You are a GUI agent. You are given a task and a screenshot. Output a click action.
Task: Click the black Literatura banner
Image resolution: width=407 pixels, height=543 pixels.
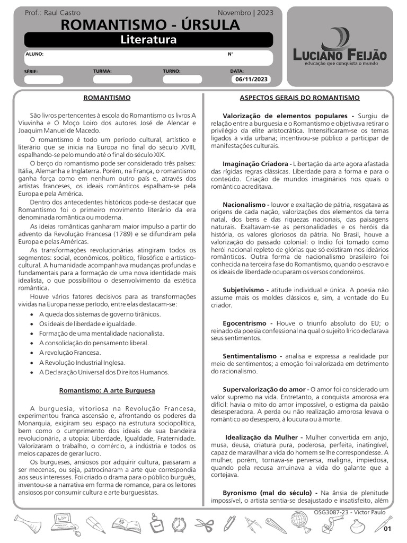[148, 40]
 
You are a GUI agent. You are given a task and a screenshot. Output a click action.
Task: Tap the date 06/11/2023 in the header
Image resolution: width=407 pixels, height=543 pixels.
[251, 80]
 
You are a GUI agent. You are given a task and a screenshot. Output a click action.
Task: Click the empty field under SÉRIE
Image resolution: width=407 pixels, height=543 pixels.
[43, 80]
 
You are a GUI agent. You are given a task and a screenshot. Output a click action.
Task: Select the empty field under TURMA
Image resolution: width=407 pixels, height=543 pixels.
[112, 80]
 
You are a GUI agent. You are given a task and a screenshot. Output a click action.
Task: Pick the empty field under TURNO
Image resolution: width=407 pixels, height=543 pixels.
[182, 80]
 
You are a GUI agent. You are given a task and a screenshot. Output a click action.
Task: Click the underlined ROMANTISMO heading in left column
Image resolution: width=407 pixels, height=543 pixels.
[107, 98]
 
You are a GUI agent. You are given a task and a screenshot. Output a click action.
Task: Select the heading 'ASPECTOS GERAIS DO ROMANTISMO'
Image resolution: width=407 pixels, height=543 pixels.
[299, 98]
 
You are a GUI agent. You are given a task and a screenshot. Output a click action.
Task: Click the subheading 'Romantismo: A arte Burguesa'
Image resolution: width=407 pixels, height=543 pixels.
[107, 391]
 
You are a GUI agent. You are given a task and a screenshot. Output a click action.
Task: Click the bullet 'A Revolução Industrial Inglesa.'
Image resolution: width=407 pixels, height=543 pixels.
[82, 363]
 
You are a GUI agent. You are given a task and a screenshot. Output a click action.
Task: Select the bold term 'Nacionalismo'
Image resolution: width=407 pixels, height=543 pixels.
[245, 205]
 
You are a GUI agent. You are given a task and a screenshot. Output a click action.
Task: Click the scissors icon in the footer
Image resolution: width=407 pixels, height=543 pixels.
[203, 524]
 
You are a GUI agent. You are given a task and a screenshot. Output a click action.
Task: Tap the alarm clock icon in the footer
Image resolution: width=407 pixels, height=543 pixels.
[180, 524]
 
